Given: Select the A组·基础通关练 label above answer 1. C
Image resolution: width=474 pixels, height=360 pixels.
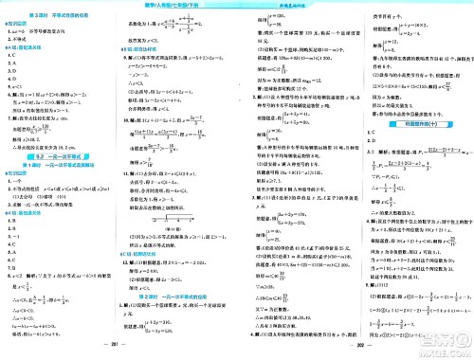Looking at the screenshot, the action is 21,45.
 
